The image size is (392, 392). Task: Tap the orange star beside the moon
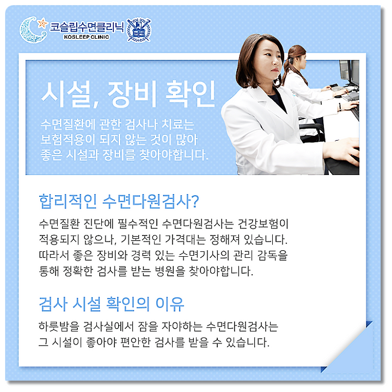click(x=42, y=23)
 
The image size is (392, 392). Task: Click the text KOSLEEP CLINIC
click(x=87, y=37)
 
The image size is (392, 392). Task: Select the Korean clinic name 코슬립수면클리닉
click(x=87, y=27)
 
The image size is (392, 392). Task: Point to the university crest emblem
click(x=139, y=29)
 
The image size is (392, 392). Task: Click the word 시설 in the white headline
click(x=66, y=94)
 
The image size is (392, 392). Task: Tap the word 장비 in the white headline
click(x=132, y=94)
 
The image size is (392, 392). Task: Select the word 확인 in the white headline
click(x=190, y=94)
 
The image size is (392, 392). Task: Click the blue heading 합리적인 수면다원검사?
click(x=119, y=202)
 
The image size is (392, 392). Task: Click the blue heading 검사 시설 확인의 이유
click(x=112, y=304)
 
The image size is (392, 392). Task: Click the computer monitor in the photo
click(x=350, y=73)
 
